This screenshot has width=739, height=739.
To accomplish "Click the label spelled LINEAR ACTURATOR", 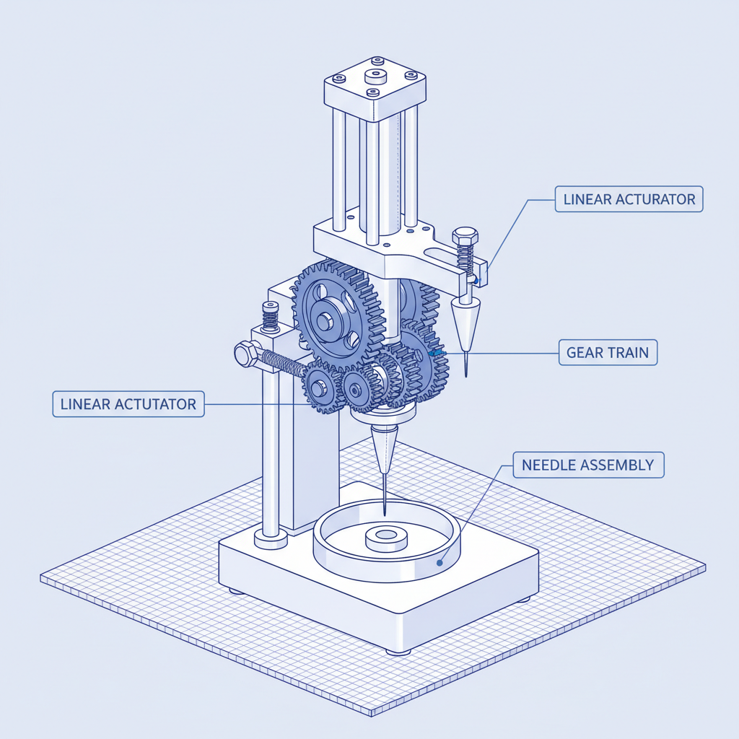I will (x=629, y=199).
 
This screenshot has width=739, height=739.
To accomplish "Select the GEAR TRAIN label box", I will (x=608, y=353).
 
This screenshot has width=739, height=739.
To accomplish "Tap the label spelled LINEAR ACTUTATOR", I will (x=128, y=403).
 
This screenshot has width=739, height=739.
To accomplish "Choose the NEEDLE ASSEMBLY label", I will (x=588, y=465).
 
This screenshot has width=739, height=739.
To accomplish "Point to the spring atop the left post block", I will (x=271, y=315).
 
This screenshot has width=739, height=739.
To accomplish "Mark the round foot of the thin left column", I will (x=271, y=537).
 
